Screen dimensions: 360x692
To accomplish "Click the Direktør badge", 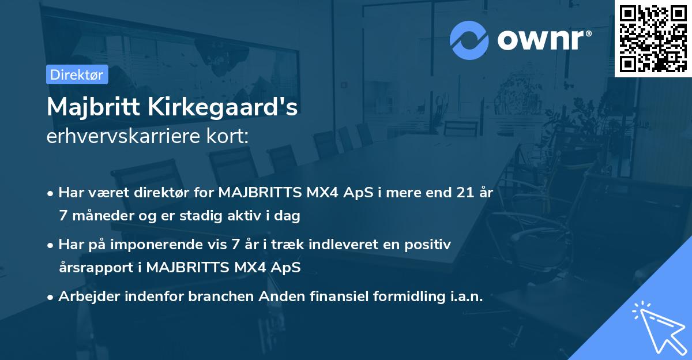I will [77, 74].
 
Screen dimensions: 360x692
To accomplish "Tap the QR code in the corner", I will [653, 39].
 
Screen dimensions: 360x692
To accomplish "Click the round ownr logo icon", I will [469, 40].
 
